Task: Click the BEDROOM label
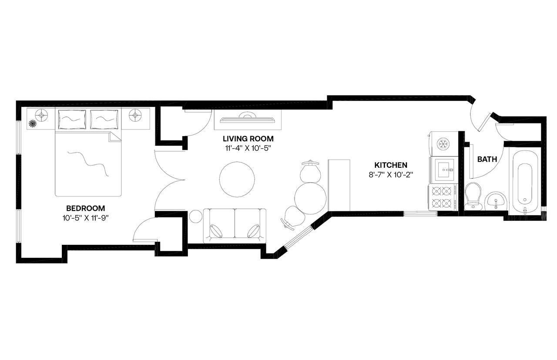[x=85, y=208]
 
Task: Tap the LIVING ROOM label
[x=248, y=139]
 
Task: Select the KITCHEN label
[x=391, y=165]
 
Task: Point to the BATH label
[x=487, y=160]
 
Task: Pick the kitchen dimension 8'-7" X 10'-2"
[x=391, y=175]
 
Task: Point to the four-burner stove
[x=442, y=197]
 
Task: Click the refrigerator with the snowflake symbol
[x=442, y=143]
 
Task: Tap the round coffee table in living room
[x=237, y=179]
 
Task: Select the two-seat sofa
[x=235, y=225]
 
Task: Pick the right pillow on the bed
[x=104, y=119]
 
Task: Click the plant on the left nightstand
[x=33, y=124]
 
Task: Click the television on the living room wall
[x=247, y=119]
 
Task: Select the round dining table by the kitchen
[x=311, y=198]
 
